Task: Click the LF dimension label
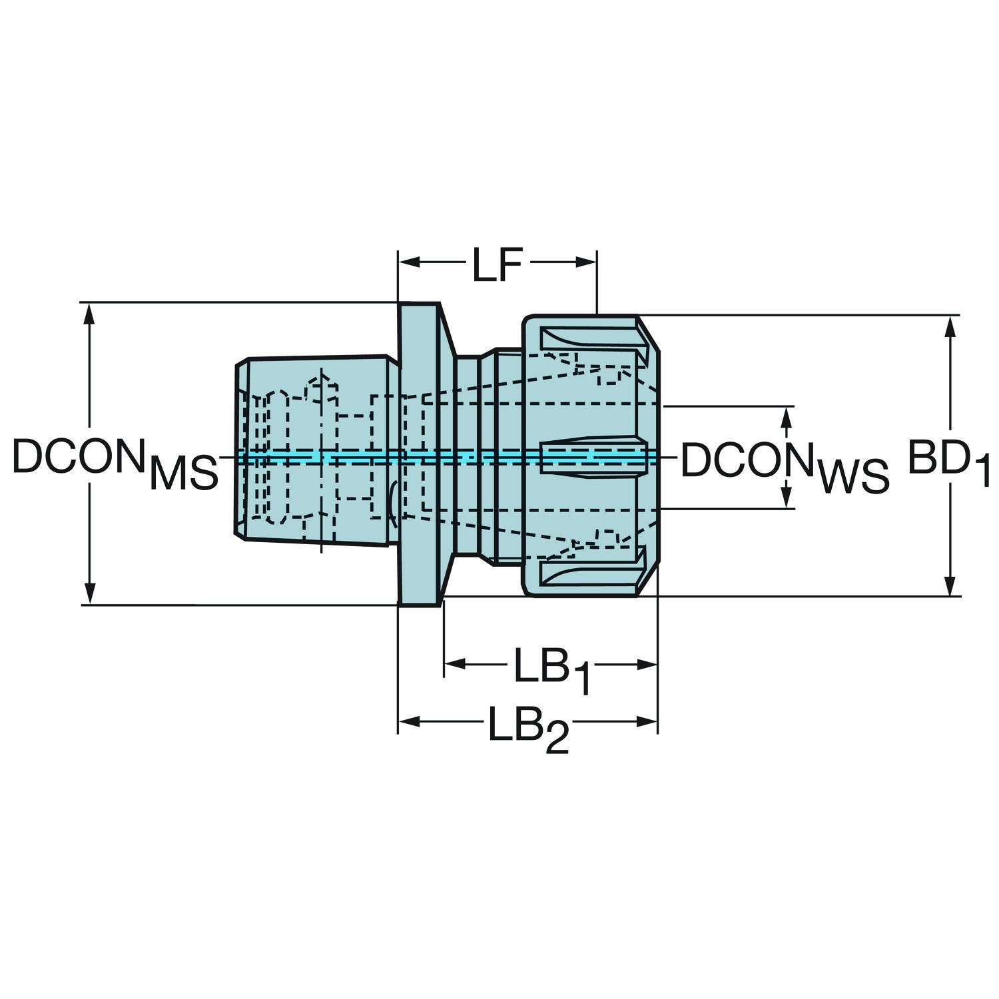coord(496,265)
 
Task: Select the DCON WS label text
coord(785,466)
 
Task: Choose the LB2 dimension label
coord(529,728)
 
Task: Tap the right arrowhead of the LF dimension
coord(586,262)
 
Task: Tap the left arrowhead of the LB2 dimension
coord(409,721)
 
